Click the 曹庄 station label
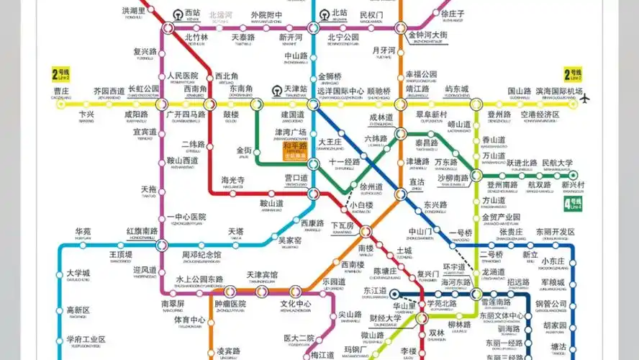coord(61,91)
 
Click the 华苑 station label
coord(83,232)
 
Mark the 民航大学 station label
coord(557,163)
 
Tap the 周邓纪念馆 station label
coord(201,255)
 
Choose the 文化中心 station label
coord(296,303)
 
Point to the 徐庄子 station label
coord(453,13)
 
